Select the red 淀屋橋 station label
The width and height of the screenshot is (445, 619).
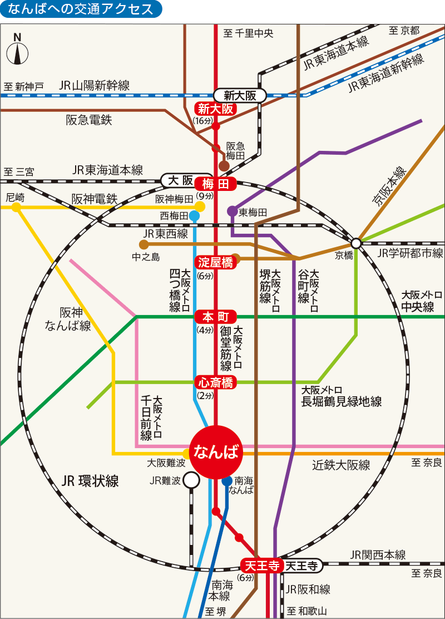[x=216, y=262]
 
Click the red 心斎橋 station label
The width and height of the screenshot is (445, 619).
[x=216, y=382]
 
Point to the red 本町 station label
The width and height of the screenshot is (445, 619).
[x=216, y=317]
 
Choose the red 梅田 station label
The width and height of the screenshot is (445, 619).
[x=216, y=183]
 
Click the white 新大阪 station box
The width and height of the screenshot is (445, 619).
[x=240, y=95]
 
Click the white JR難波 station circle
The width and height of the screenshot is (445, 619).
[x=191, y=480]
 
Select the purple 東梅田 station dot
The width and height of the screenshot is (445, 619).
[x=232, y=211]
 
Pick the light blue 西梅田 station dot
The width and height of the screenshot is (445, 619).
[x=195, y=215]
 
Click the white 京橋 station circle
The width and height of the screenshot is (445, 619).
[x=356, y=243]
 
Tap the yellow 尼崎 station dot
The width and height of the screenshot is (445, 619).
[x=17, y=207]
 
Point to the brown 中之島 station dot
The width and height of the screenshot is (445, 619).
[x=144, y=244]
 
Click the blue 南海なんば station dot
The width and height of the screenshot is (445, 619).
[x=227, y=481]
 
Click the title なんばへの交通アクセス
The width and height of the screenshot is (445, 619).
[x=81, y=9]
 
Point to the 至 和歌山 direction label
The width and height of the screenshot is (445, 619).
[x=307, y=610]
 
